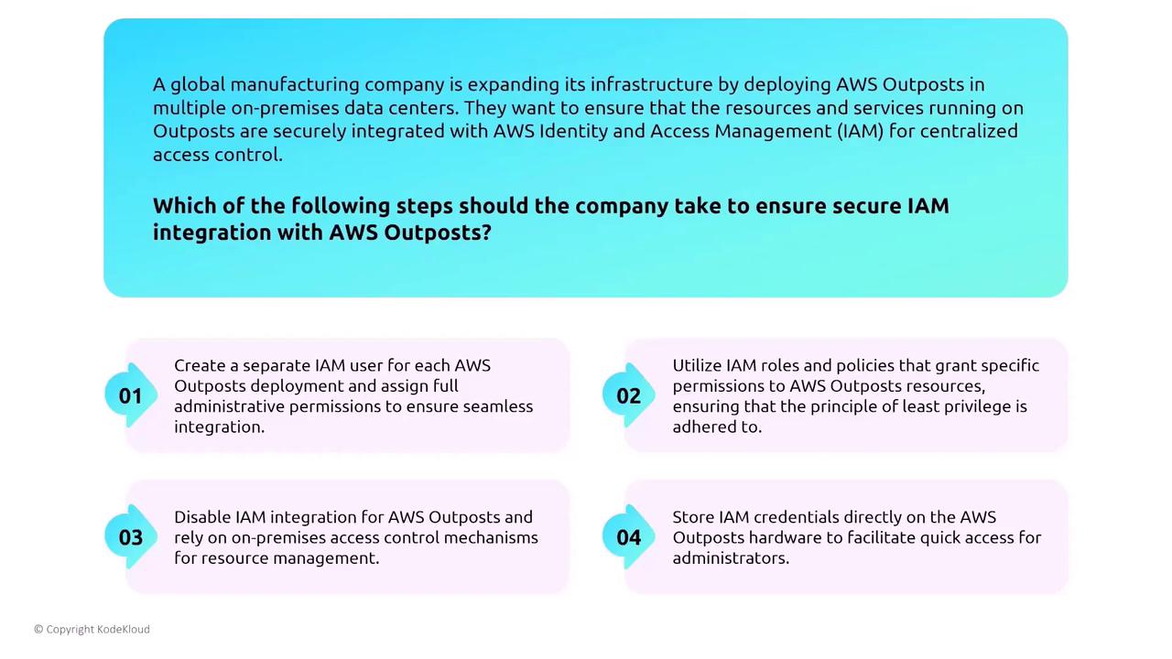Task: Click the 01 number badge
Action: [x=131, y=395]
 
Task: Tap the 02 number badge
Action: [x=628, y=395]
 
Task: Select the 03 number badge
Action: [x=131, y=536]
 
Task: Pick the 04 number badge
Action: [x=628, y=536]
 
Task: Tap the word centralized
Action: [x=969, y=131]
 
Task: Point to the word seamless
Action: [x=498, y=406]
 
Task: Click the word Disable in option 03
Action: [x=202, y=517]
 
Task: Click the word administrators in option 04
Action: [x=731, y=557]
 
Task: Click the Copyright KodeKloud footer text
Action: [x=92, y=629]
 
